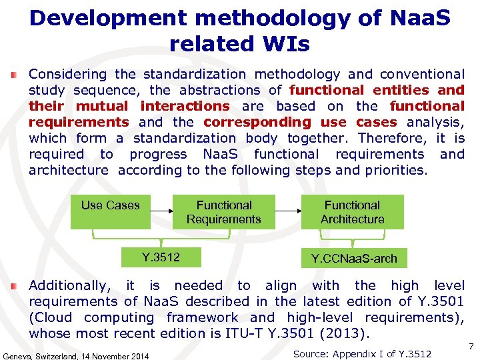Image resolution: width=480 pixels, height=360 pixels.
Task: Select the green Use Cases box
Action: [111, 211]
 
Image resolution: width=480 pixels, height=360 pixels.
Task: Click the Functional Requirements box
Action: [224, 212]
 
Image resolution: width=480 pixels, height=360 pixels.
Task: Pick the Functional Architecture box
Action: [352, 212]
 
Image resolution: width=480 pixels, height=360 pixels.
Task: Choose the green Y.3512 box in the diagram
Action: [161, 257]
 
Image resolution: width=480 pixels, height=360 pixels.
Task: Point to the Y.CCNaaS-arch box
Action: [354, 258]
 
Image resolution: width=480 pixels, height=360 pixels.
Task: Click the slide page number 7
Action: [471, 347]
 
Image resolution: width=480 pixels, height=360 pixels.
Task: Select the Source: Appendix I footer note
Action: [362, 353]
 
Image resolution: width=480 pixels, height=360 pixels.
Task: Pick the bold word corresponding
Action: [257, 122]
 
